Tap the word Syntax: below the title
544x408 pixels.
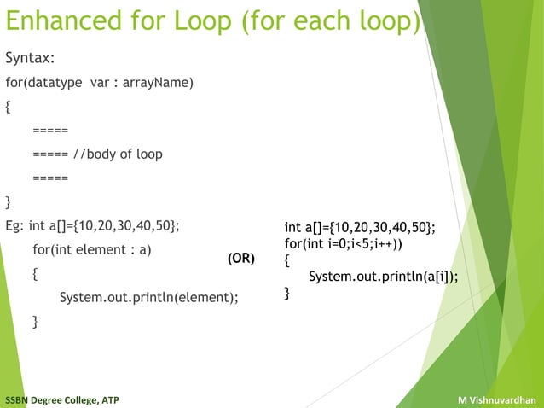coord(30,58)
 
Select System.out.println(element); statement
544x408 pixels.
coord(148,298)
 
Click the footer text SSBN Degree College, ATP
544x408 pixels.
coord(61,399)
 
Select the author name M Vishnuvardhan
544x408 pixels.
coord(496,399)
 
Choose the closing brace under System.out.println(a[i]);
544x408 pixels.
coord(287,294)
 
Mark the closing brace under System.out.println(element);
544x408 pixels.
coord(35,322)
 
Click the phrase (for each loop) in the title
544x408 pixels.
coord(332,21)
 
